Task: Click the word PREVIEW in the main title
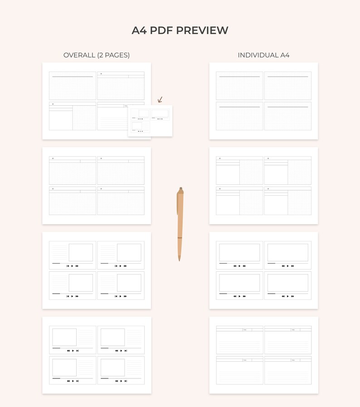click(x=202, y=30)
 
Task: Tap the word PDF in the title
click(x=161, y=30)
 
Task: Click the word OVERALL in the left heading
click(x=79, y=55)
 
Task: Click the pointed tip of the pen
click(x=179, y=260)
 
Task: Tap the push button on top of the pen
click(x=180, y=189)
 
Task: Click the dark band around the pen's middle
click(x=180, y=237)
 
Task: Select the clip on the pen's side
click(x=177, y=204)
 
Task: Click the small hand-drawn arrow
click(x=160, y=99)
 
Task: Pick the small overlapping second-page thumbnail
click(x=150, y=120)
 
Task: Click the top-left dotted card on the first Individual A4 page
click(x=239, y=86)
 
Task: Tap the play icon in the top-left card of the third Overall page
click(x=72, y=266)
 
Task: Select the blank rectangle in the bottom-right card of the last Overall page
click(x=112, y=368)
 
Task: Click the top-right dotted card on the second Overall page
click(x=121, y=171)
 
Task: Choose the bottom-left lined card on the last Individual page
click(x=239, y=370)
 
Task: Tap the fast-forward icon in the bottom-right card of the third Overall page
click(x=125, y=296)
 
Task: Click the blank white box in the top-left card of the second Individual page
click(x=228, y=174)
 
